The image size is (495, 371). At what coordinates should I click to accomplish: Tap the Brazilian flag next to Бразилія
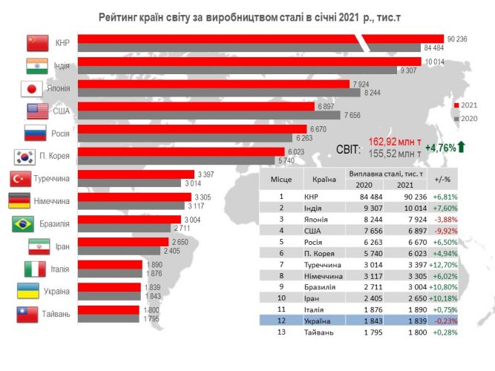[x=24, y=223]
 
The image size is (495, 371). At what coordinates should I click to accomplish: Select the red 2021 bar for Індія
[x=249, y=62]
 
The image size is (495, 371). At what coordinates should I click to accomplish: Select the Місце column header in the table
[x=281, y=179]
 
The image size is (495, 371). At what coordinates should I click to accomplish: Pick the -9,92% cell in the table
[x=444, y=231]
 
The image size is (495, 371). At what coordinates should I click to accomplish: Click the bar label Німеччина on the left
[x=54, y=201]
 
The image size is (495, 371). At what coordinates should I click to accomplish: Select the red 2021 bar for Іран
[x=123, y=241]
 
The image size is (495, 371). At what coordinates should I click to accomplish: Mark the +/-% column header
[x=444, y=179]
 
